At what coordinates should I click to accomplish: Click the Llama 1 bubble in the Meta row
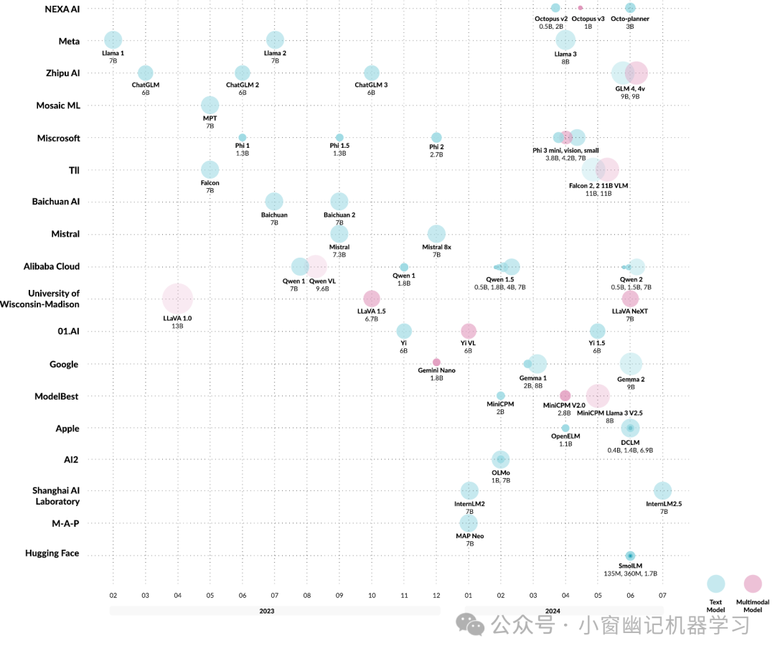pyautogui.click(x=113, y=40)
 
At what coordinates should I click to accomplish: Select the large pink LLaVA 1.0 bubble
pyautogui.click(x=177, y=299)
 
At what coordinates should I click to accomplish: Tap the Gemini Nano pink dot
pyautogui.click(x=436, y=362)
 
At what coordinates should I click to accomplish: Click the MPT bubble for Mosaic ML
pyautogui.click(x=210, y=106)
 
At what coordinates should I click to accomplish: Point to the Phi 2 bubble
pyautogui.click(x=436, y=137)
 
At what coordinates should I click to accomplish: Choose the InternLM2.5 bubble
pyautogui.click(x=663, y=491)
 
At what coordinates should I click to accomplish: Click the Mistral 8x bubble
pyautogui.click(x=436, y=233)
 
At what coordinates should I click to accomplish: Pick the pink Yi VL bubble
pyautogui.click(x=469, y=331)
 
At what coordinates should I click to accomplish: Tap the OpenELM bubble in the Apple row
pyautogui.click(x=565, y=428)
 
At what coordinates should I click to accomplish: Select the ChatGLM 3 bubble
pyautogui.click(x=371, y=72)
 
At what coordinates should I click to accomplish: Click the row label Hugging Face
pyautogui.click(x=52, y=553)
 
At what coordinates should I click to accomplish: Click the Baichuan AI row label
pyautogui.click(x=56, y=202)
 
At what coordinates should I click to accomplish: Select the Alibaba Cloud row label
pyautogui.click(x=52, y=266)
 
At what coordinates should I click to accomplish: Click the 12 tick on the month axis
pyautogui.click(x=436, y=595)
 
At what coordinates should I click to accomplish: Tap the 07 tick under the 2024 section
pyautogui.click(x=663, y=595)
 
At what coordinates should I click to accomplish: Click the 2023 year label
pyautogui.click(x=267, y=612)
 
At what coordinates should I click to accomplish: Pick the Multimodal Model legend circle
pyautogui.click(x=753, y=584)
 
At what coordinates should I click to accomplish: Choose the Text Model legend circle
pyautogui.click(x=715, y=584)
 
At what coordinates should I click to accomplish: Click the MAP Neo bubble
pyautogui.click(x=469, y=522)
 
